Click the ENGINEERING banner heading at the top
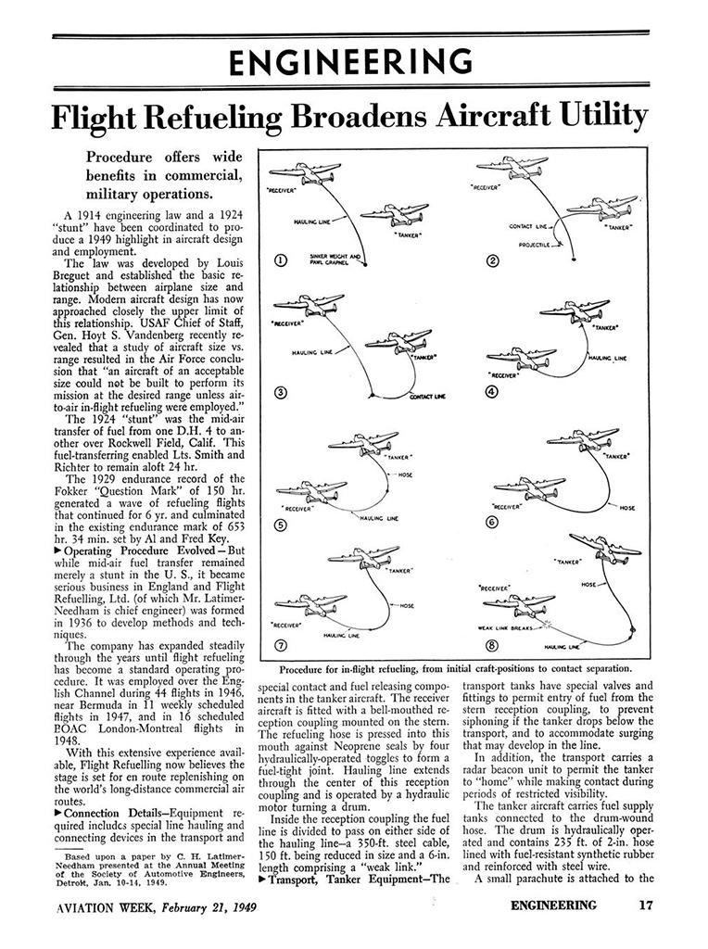[353, 62]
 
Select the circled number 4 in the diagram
[492, 391]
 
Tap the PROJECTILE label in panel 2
[533, 245]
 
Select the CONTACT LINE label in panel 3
[426, 396]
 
